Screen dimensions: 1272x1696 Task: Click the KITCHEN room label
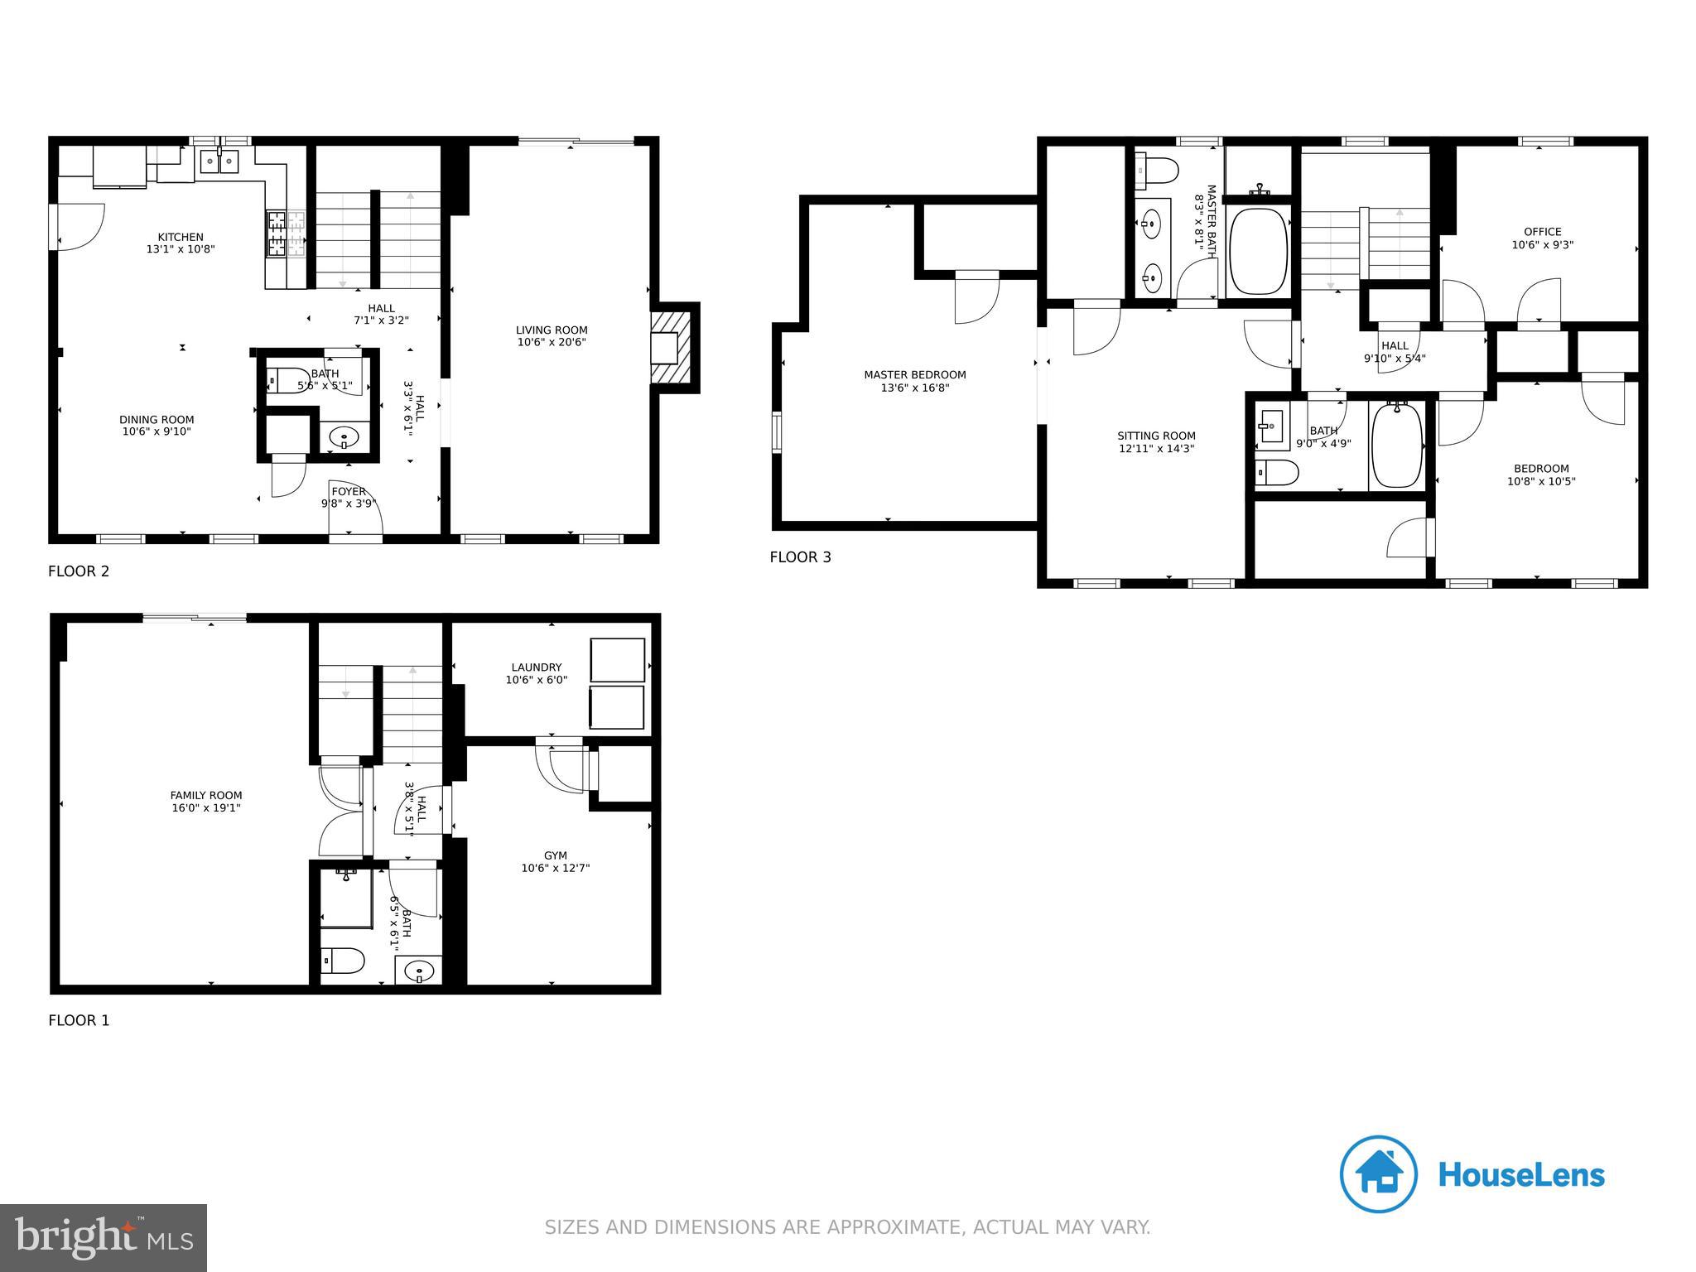[181, 238]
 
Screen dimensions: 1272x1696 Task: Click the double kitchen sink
[219, 161]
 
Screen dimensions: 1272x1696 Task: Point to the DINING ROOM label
[157, 420]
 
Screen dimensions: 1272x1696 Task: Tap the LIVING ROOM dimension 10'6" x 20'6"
[552, 342]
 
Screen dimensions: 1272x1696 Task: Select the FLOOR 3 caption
[800, 557]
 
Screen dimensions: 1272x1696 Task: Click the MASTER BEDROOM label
[914, 375]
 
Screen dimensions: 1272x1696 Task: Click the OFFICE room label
[1542, 232]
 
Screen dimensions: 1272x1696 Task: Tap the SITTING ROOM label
[1156, 436]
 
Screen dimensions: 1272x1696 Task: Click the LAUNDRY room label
[536, 667]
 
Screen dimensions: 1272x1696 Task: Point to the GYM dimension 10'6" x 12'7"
[555, 869]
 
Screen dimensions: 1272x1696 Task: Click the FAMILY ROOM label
[206, 796]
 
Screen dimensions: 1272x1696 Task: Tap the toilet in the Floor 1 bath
[342, 961]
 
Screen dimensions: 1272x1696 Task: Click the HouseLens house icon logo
[1378, 1174]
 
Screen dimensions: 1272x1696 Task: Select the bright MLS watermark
[104, 1237]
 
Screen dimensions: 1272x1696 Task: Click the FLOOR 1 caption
[79, 1020]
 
